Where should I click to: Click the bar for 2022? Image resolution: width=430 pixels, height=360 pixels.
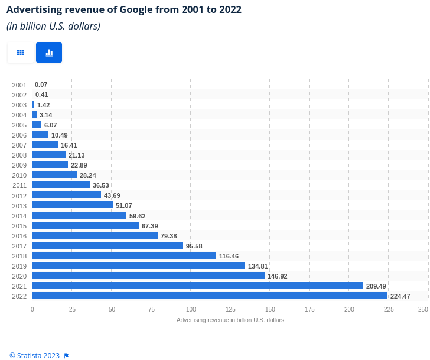[210, 296]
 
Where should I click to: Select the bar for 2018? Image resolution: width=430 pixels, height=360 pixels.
[124, 256]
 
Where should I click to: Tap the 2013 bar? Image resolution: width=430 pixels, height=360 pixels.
[73, 205]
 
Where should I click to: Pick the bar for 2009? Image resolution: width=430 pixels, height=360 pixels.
[50, 165]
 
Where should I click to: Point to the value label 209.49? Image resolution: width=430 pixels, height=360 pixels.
[376, 286]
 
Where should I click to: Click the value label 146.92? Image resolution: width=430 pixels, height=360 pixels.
[277, 276]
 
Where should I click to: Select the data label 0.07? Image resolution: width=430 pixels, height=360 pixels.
[41, 84]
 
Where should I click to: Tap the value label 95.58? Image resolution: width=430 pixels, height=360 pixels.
[194, 246]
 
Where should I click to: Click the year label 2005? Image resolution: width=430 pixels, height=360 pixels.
[19, 125]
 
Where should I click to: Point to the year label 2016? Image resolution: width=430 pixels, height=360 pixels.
[19, 236]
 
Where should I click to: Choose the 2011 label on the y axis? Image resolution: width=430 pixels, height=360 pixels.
[19, 185]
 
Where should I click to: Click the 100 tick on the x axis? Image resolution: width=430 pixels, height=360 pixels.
[191, 309]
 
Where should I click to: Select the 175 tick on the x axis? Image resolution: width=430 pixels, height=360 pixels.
[310, 309]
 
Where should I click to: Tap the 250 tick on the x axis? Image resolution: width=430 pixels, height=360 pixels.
[423, 309]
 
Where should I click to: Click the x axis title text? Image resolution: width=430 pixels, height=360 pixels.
[230, 320]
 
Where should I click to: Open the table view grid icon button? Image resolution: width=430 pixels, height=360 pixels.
[21, 53]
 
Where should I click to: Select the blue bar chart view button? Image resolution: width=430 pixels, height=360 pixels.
[49, 53]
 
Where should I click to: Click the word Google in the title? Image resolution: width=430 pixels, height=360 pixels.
[136, 10]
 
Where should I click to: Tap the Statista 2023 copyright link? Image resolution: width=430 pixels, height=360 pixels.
[34, 355]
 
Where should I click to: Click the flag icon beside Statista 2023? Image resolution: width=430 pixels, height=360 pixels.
[66, 356]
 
